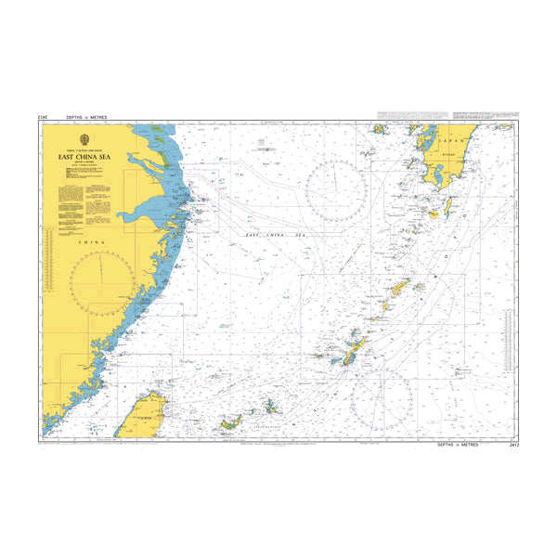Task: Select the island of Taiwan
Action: (145, 401)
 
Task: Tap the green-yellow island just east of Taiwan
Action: (229, 424)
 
